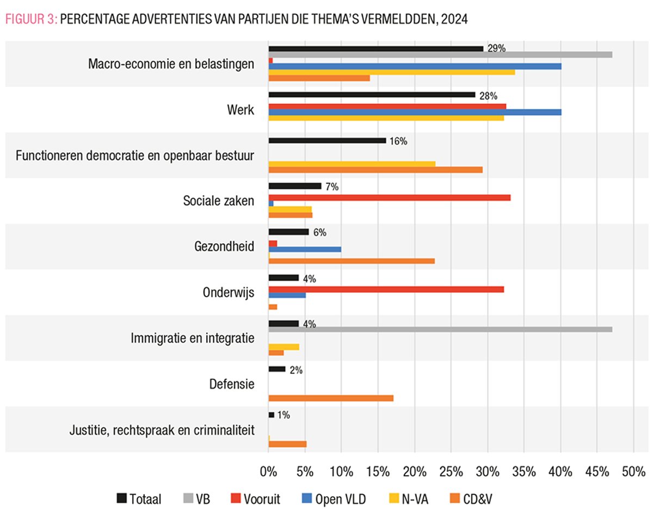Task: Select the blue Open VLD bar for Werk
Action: [415, 112]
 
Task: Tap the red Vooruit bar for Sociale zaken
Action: [389, 197]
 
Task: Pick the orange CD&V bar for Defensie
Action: [331, 398]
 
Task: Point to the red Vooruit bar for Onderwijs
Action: [386, 289]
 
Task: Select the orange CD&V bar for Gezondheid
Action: [352, 261]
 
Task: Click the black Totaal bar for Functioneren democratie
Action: [327, 140]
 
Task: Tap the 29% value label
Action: [496, 48]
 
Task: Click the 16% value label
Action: [398, 141]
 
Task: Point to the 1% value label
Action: [283, 415]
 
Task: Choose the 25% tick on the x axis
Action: [451, 471]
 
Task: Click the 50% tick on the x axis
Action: [633, 471]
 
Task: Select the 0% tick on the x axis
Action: [268, 471]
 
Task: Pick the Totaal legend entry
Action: [139, 499]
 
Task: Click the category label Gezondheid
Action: [224, 246]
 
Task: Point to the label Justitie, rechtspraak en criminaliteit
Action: [162, 430]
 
